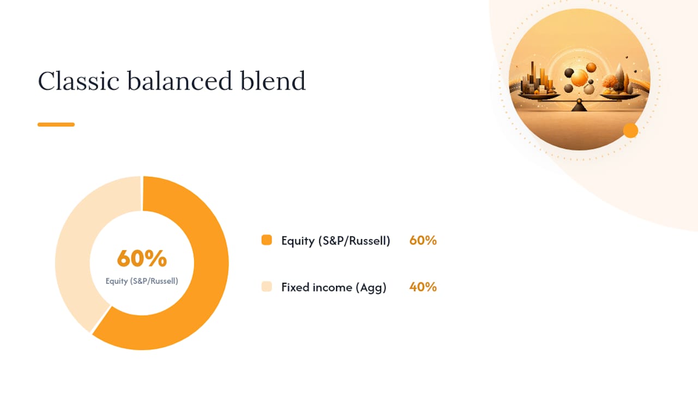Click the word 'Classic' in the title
(79, 81)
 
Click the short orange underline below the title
(56, 124)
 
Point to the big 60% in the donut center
(142, 258)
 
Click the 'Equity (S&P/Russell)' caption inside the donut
(142, 281)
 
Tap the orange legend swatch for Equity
(267, 240)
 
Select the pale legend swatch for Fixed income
(267, 287)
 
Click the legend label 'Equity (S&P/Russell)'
(335, 241)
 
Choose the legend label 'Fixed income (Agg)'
(334, 287)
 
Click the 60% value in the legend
(423, 241)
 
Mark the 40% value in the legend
(423, 287)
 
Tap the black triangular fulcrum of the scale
(579, 106)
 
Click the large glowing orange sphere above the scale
(580, 78)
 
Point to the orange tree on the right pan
(610, 82)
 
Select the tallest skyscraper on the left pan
(533, 76)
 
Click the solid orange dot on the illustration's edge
(631, 130)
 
